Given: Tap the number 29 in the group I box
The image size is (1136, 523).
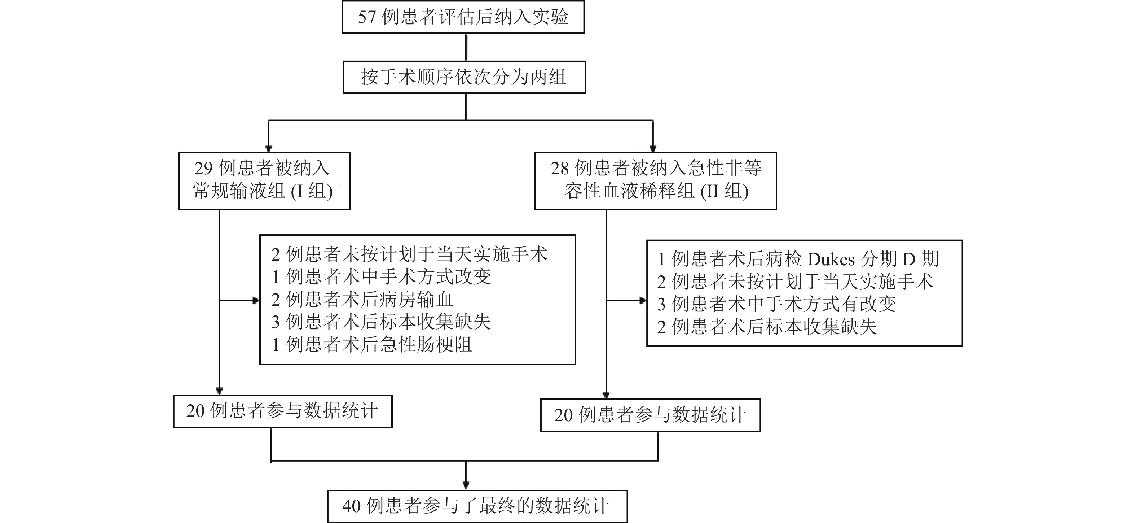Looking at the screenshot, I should point(204,168).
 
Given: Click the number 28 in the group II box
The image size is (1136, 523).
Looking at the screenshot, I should point(560,168).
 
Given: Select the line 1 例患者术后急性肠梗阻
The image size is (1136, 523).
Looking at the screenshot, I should point(372,345).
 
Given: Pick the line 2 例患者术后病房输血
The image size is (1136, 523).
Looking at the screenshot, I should point(362,300).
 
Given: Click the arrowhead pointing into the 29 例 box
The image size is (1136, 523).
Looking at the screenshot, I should point(269,149).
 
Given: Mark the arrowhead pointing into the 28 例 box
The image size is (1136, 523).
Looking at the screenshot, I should point(653,149).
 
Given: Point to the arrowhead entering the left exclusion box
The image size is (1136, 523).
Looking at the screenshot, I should point(256,301).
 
